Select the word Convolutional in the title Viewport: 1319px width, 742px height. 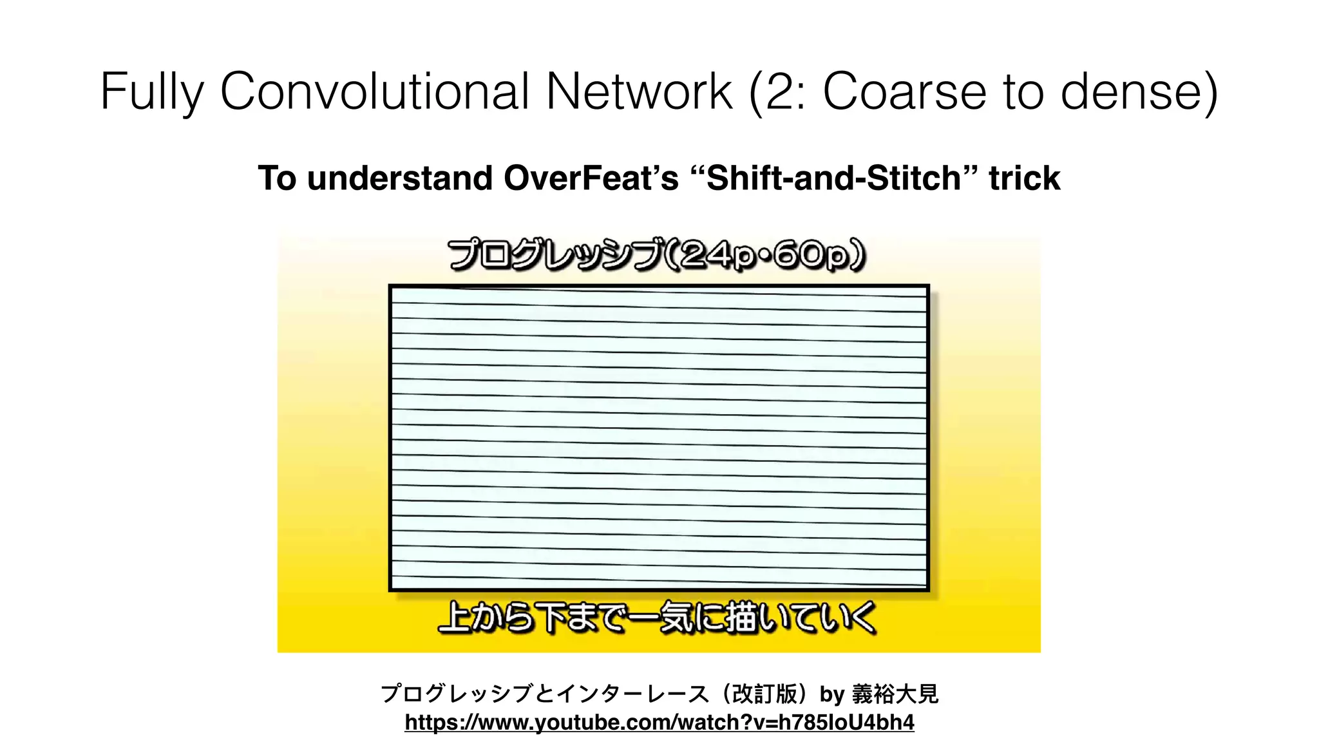pos(375,91)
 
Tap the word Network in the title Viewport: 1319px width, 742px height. pos(639,91)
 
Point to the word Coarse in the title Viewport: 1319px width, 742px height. pos(904,91)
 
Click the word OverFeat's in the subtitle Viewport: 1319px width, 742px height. pos(591,178)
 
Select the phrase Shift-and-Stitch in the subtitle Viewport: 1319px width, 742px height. pos(834,178)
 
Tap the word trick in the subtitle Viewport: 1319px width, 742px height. pos(1024,178)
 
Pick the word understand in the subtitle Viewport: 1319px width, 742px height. pos(399,178)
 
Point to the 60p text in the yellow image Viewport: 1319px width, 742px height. pos(811,255)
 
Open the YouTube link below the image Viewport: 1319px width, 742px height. pos(659,722)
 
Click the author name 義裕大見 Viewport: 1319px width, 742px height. pos(895,694)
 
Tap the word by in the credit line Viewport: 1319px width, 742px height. pos(831,694)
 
